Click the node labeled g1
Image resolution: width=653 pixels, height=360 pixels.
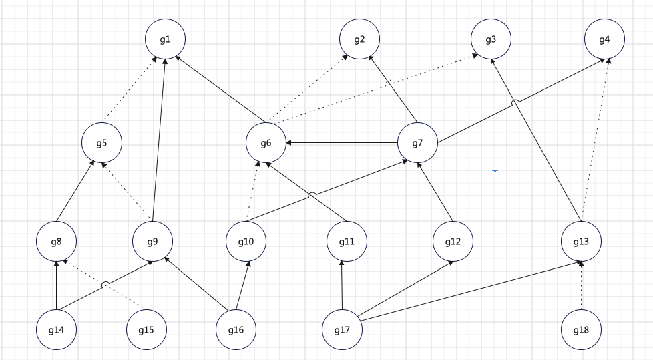point(165,39)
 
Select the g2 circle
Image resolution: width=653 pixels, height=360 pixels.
point(359,39)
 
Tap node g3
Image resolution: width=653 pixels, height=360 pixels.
point(491,39)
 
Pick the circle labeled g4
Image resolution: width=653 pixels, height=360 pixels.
point(604,39)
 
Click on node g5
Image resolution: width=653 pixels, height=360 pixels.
point(101,143)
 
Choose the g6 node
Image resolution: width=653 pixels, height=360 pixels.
point(266,143)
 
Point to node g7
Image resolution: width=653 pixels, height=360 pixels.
point(417,143)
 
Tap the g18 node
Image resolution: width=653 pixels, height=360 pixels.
point(581,329)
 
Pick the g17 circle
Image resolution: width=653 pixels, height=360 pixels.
point(342,329)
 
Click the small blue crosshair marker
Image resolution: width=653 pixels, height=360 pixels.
point(495,171)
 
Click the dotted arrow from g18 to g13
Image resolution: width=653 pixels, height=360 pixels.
point(581,285)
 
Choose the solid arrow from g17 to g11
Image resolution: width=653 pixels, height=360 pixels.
point(342,285)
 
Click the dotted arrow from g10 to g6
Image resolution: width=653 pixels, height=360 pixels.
point(252,192)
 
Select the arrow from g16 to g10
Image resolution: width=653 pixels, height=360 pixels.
point(241,285)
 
